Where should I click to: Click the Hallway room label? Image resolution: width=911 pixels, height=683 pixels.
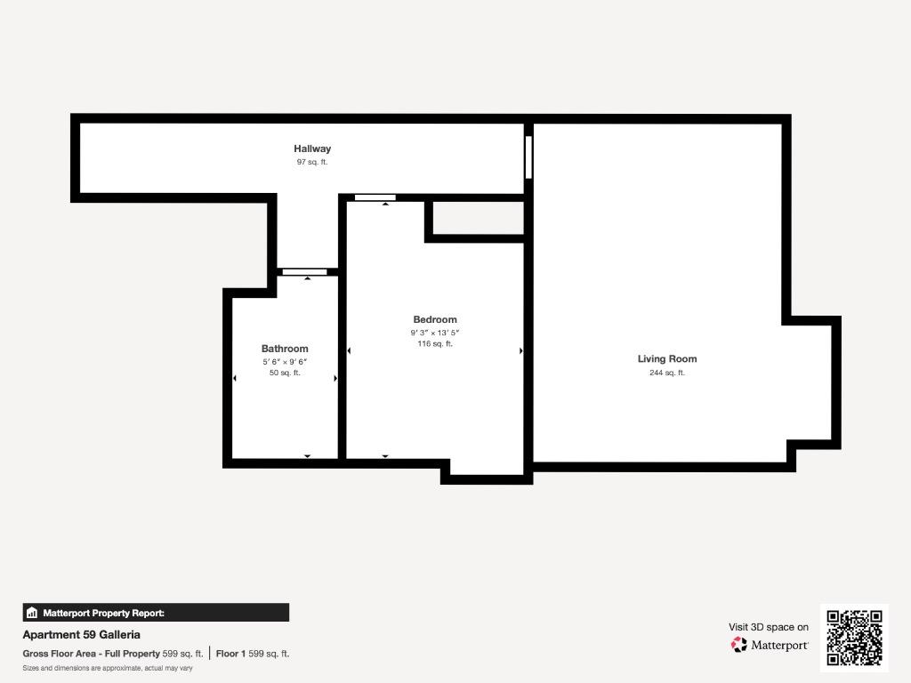point(312,149)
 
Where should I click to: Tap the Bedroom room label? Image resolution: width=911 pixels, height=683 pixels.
point(434,319)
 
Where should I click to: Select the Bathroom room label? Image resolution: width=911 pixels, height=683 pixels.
point(285,349)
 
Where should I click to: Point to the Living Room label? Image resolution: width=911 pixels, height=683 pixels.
point(667,359)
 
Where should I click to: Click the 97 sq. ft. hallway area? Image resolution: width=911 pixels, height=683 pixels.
point(312,162)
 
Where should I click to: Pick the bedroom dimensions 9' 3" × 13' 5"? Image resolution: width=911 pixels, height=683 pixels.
point(434,333)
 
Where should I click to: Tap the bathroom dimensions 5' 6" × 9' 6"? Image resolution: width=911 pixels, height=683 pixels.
point(285,362)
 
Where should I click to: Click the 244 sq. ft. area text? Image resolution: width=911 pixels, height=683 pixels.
point(667,373)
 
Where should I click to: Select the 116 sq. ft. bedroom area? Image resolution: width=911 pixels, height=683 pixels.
point(434,344)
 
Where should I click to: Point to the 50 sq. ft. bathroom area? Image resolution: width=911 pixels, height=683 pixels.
point(285,373)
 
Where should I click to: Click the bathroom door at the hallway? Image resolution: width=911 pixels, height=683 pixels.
point(304,272)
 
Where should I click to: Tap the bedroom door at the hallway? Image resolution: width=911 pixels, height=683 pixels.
point(375,197)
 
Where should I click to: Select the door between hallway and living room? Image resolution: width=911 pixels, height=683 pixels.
point(528,157)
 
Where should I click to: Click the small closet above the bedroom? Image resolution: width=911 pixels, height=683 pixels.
point(479,218)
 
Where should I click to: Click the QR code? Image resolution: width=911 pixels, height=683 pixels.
point(854,638)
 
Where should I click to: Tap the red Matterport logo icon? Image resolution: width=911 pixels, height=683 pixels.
point(739,645)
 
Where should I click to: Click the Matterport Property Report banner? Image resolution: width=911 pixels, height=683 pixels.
point(156,613)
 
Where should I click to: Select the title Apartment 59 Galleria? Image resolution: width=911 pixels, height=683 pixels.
point(81,635)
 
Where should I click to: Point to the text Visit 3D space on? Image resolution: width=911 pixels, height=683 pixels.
point(769,627)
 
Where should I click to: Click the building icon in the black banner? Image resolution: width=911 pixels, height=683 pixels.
point(32,613)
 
